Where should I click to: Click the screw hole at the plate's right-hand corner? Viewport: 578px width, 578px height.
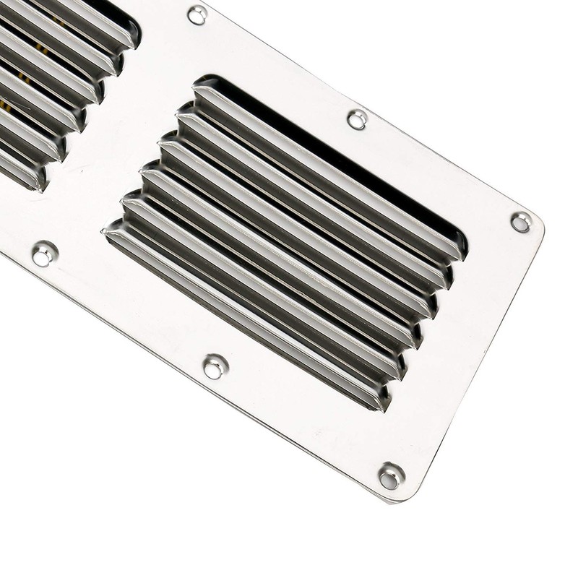(x=520, y=222)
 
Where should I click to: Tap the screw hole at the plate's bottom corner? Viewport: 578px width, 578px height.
(x=390, y=475)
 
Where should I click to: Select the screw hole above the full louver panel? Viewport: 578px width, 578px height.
(x=357, y=119)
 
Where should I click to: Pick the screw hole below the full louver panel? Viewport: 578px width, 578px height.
(x=215, y=366)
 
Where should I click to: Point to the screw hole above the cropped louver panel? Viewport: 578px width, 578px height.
(x=197, y=14)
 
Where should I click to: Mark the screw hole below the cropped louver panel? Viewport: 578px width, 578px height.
(x=44, y=254)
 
